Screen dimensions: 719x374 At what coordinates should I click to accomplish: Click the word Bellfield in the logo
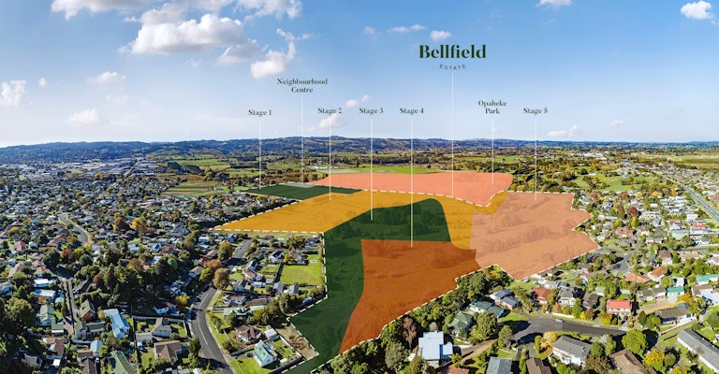point(452,52)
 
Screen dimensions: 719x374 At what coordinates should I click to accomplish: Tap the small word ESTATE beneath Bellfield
point(452,66)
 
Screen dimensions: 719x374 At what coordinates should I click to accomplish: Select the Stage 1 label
point(260,112)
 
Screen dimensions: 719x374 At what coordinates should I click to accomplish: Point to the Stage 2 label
point(330,110)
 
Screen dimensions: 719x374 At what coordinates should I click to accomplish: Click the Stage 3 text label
point(371,110)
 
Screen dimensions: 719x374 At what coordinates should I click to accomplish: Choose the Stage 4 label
point(411,110)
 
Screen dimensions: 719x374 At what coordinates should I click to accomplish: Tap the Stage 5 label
point(536,110)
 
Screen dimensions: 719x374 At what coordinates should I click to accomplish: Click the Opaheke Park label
point(492,108)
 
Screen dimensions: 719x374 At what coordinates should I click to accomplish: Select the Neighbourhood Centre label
point(301,86)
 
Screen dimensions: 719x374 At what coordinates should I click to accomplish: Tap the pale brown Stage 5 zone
point(532,234)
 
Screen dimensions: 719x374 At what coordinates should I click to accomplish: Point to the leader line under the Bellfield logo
point(452,134)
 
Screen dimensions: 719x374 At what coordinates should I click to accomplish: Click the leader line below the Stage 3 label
point(372,169)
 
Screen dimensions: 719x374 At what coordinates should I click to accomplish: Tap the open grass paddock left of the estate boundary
point(301,274)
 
